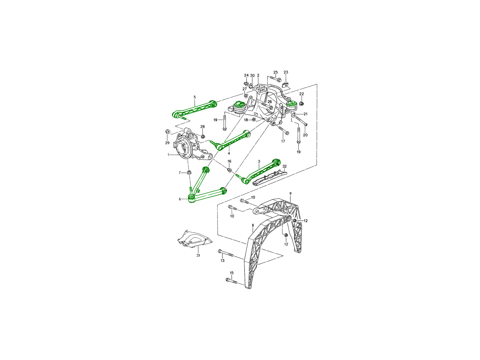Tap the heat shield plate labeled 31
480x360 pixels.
click(193, 240)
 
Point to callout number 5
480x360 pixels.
click(195, 97)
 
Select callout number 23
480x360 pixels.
click(286, 72)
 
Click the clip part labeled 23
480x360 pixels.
click(286, 84)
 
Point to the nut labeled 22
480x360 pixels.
click(302, 104)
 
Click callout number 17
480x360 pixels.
click(283, 141)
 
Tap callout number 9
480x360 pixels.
click(290, 193)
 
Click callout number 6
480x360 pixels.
click(180, 199)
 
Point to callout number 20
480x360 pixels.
click(305, 135)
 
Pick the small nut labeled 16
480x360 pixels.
click(230, 170)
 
